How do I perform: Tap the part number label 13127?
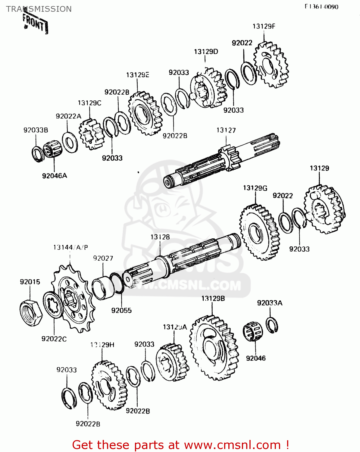coord(226,130)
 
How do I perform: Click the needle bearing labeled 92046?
coord(253,332)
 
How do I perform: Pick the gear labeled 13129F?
coord(271,65)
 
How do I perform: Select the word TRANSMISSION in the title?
coord(39,9)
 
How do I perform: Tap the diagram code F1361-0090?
coord(321,7)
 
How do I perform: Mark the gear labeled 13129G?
coord(260,232)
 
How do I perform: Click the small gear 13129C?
coord(91,134)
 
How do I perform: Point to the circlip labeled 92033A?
coord(272,325)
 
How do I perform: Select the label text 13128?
coord(160,237)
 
